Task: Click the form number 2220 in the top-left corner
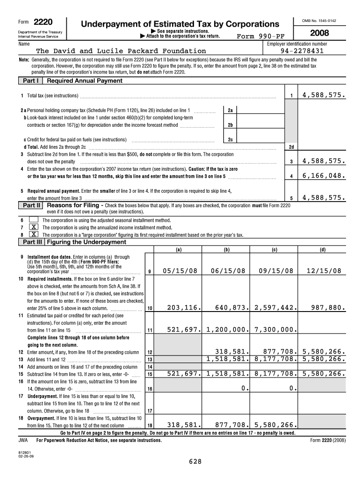coord(43,22)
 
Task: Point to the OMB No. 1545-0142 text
coord(319,21)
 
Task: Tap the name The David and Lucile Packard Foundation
coord(121,51)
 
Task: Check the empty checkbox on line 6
coord(34,220)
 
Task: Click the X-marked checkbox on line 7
coord(34,227)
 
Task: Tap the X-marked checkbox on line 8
coord(34,234)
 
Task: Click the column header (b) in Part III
coord(227,249)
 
